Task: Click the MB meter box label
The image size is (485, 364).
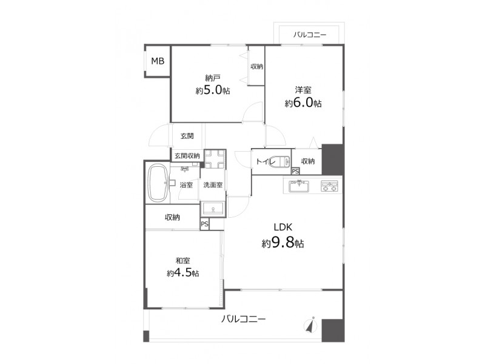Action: (x=158, y=61)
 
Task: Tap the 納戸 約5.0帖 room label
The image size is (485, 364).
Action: (x=213, y=84)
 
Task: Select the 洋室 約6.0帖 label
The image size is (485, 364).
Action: (x=303, y=97)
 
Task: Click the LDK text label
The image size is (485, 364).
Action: (x=283, y=227)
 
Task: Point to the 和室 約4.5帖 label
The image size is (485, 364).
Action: (x=183, y=267)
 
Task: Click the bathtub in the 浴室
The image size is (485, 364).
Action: (x=158, y=183)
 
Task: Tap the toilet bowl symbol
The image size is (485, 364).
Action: (x=279, y=161)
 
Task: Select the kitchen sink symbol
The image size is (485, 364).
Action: (x=298, y=186)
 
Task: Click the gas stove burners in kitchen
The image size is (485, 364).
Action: (x=329, y=186)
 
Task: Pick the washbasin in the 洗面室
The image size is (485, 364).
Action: (x=213, y=208)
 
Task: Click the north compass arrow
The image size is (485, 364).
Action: (x=312, y=325)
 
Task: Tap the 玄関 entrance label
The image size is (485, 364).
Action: (x=187, y=136)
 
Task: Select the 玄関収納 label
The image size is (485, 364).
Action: (x=187, y=156)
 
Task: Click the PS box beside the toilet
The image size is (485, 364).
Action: (x=295, y=171)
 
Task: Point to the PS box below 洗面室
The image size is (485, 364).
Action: (x=204, y=224)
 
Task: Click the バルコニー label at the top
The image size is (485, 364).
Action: (x=310, y=35)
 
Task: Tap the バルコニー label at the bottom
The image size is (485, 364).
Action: (x=244, y=319)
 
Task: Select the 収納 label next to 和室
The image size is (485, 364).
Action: (x=172, y=217)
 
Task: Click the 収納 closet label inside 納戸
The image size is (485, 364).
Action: (x=256, y=66)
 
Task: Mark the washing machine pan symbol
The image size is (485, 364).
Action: (x=215, y=159)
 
